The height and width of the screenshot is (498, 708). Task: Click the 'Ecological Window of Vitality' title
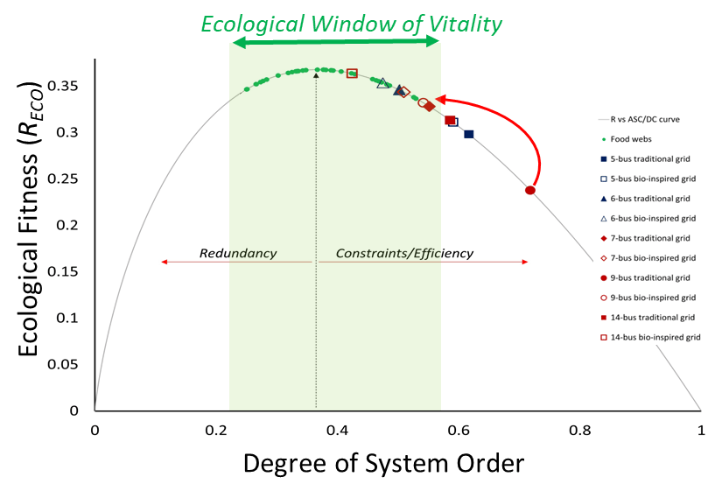click(351, 24)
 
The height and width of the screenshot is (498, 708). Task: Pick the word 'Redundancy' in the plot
click(237, 253)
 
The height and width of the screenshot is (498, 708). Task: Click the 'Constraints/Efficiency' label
click(404, 253)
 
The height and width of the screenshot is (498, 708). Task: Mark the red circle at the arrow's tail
click(530, 190)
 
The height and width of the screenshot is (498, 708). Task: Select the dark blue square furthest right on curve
click(469, 134)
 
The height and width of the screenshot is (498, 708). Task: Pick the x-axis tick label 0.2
click(216, 430)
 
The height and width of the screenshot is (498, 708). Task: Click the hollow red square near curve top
click(352, 74)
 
